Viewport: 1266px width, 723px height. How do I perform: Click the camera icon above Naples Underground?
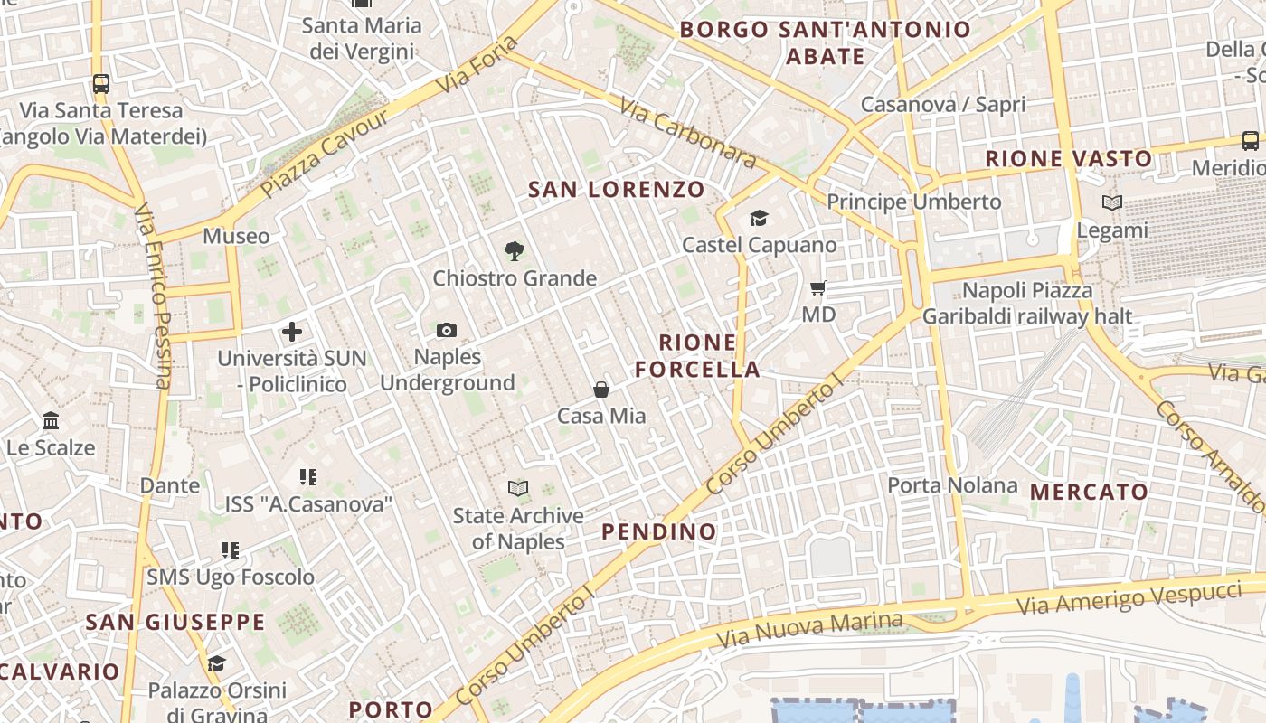tap(447, 331)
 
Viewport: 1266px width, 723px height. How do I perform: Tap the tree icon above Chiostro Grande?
tap(515, 251)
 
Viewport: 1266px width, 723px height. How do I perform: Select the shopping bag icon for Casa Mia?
tap(601, 390)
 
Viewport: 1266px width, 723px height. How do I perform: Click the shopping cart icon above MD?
tap(818, 288)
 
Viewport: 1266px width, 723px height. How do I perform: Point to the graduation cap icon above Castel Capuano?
tap(759, 219)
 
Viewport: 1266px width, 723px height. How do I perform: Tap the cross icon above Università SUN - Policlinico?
tap(292, 332)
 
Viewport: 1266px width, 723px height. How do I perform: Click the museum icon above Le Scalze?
tap(51, 421)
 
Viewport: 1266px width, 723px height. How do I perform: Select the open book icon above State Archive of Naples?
tap(518, 489)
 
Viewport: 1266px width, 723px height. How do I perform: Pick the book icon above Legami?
tap(1112, 203)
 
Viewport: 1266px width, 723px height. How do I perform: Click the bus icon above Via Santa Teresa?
tap(101, 84)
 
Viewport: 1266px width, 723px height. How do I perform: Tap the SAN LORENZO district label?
tap(616, 190)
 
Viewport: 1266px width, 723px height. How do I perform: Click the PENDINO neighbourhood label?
tap(659, 531)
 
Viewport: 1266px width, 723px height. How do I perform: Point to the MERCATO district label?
tap(1090, 493)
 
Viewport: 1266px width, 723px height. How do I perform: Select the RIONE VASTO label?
tap(1069, 159)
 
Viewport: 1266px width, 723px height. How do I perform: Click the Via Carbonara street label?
tap(689, 132)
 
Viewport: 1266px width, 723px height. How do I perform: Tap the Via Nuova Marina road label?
tap(809, 629)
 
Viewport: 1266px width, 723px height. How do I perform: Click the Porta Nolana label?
tap(952, 485)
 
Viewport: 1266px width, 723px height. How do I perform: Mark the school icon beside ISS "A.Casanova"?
tap(308, 476)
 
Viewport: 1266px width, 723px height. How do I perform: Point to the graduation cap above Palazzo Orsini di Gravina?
tap(216, 664)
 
